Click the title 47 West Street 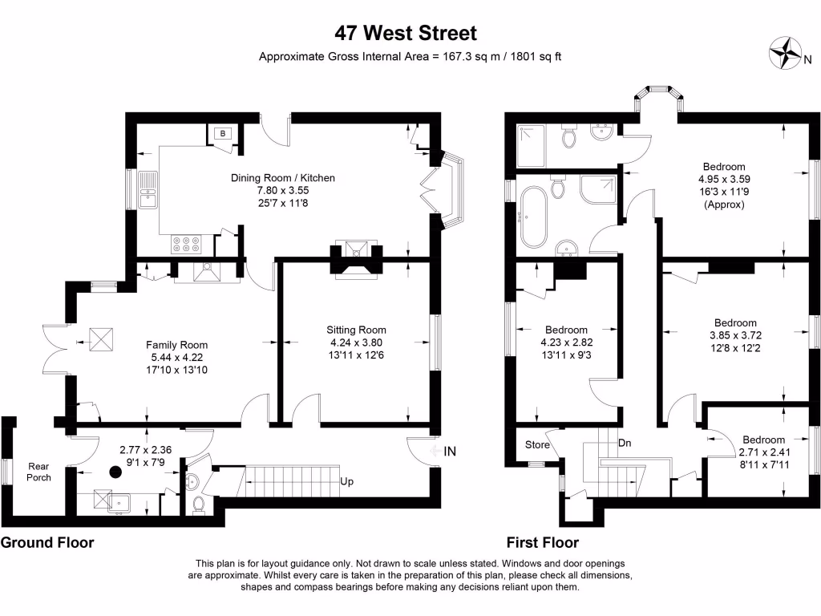pos(406,33)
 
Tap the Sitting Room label pos(356,330)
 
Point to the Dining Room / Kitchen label pos(282,178)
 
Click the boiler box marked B pos(222,134)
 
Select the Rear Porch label pos(39,472)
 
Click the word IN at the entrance pos(450,452)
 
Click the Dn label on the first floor pos(625,442)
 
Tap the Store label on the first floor pos(537,444)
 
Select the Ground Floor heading pos(47,542)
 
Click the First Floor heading pos(542,542)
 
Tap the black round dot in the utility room pos(115,472)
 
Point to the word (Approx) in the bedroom pos(724,205)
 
